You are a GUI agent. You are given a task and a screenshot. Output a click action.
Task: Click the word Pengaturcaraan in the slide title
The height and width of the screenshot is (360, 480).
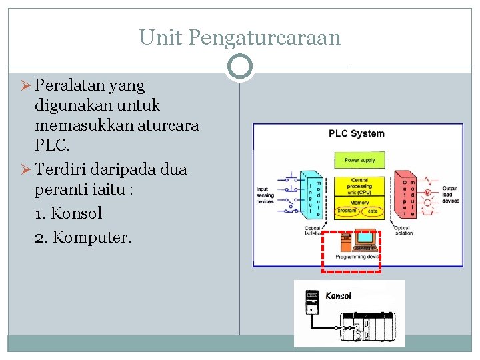264,37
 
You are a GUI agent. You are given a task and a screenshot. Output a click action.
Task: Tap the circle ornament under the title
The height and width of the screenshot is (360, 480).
239,67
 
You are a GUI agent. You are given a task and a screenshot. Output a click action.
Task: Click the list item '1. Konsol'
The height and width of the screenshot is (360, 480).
68,213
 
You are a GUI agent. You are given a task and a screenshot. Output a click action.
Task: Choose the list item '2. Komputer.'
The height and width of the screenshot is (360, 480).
83,236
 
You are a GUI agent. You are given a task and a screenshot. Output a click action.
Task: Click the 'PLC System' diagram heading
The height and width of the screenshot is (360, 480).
357,133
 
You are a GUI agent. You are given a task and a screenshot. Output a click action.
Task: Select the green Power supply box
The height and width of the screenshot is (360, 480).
359,160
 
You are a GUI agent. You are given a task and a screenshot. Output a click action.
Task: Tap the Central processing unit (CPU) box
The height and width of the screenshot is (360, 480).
359,187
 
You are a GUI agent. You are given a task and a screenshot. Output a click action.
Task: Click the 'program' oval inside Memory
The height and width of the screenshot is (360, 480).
347,211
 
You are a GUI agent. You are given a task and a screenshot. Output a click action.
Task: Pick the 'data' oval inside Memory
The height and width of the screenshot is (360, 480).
373,211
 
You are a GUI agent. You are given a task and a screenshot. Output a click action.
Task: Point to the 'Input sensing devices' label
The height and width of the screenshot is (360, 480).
265,195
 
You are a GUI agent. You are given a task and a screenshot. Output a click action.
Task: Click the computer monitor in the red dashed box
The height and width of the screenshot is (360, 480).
365,237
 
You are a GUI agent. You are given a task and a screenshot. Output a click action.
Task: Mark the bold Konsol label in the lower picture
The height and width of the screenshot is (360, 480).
338,295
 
